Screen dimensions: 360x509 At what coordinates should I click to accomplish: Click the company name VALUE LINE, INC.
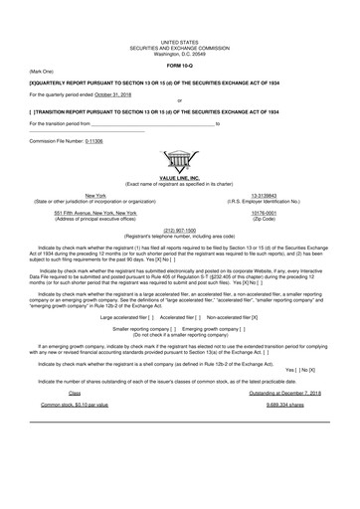click(179, 176)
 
